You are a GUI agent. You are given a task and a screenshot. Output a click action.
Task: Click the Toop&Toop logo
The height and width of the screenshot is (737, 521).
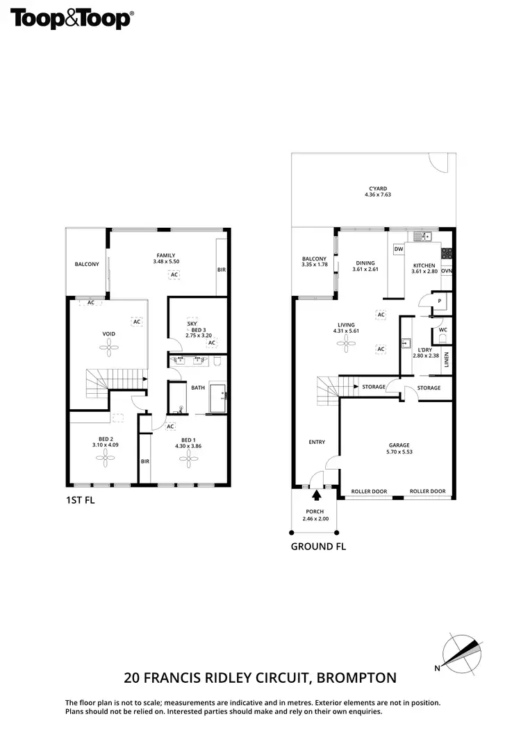tap(71, 19)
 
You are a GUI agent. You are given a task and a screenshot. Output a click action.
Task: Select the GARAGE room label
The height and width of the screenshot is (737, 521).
tap(399, 445)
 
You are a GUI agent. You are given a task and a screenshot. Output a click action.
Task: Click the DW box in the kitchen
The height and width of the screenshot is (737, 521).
tap(399, 249)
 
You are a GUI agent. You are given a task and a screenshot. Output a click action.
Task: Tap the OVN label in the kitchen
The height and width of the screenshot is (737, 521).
tap(447, 271)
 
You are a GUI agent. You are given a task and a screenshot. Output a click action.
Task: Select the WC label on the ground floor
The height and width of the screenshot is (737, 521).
tap(443, 330)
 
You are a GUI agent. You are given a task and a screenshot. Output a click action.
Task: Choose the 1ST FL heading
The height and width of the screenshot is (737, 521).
tap(79, 500)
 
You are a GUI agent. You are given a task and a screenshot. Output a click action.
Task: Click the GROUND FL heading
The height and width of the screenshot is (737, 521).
tap(318, 546)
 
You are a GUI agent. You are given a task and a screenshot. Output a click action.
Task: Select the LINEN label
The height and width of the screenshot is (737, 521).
tap(447, 360)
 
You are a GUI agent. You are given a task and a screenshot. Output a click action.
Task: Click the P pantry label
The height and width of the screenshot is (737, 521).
tap(438, 300)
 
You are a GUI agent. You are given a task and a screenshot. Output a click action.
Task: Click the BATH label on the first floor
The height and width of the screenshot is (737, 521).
tap(198, 388)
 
